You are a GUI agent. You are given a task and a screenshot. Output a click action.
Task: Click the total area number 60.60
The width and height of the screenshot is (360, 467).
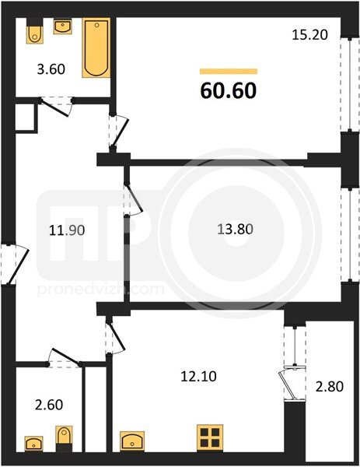(229, 90)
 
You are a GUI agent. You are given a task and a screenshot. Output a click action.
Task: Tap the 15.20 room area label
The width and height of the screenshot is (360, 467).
(309, 35)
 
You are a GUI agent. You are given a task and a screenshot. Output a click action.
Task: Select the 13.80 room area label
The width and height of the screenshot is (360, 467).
(236, 230)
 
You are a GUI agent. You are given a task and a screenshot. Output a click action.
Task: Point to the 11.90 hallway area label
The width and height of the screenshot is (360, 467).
(67, 230)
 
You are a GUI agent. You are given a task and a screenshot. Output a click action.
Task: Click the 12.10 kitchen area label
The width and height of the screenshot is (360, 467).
(199, 377)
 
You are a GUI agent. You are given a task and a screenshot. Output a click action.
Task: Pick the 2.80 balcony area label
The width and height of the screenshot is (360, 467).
(330, 387)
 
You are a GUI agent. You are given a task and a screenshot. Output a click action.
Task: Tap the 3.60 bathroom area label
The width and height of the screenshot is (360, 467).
(51, 69)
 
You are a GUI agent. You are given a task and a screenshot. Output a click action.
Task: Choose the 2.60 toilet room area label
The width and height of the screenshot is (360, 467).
(49, 405)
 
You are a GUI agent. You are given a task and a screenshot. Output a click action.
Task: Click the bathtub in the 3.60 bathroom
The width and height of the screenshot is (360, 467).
(96, 48)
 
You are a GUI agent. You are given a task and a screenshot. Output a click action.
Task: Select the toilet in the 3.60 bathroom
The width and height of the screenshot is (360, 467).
(36, 31)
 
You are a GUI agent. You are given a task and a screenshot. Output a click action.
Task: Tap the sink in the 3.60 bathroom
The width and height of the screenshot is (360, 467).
(62, 26)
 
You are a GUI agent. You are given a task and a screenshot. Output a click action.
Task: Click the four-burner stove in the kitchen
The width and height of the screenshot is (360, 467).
(210, 437)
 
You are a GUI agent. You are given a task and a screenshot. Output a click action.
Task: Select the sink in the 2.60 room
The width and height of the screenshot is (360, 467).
(33, 444)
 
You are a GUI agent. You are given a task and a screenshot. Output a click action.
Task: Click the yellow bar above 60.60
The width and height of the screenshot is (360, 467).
(229, 71)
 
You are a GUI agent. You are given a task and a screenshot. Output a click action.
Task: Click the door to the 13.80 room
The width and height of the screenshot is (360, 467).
(133, 199)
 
